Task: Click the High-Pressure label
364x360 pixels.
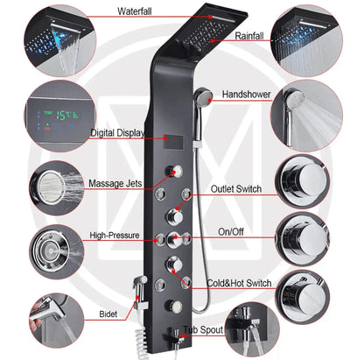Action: (x=116, y=236)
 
